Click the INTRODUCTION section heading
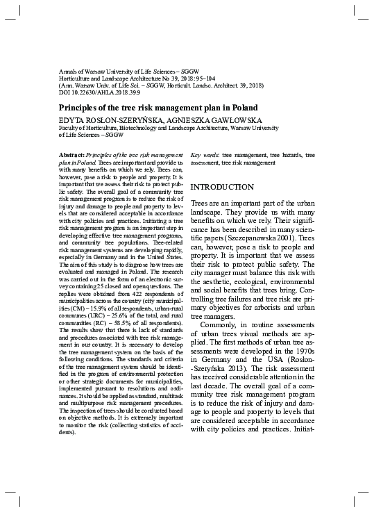[x=222, y=188]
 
